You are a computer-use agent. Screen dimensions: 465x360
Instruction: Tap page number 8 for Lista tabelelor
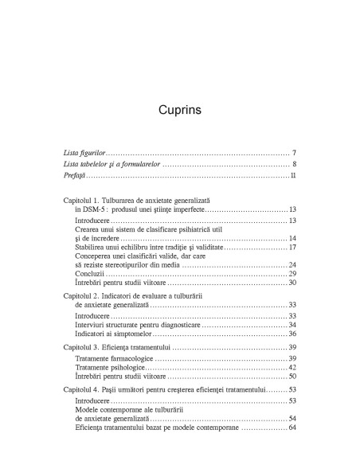click(294, 164)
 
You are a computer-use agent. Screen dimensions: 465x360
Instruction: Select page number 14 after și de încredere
click(292, 238)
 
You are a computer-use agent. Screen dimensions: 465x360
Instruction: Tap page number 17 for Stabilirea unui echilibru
click(292, 248)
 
